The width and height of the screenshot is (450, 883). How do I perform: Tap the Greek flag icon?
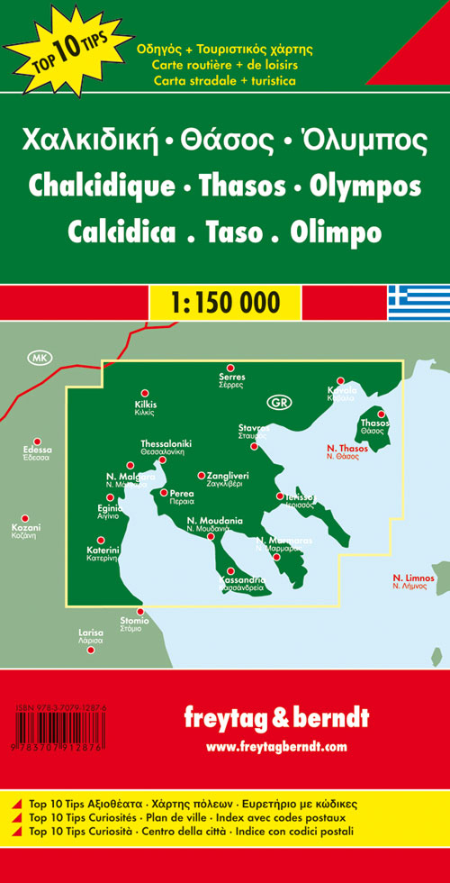[418, 302]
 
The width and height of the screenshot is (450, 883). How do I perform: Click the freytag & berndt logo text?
[275, 717]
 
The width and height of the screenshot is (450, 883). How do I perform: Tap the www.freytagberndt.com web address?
[275, 747]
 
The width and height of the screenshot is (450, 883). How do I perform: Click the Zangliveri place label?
[228, 475]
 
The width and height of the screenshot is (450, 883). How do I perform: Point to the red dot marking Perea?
[163, 493]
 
